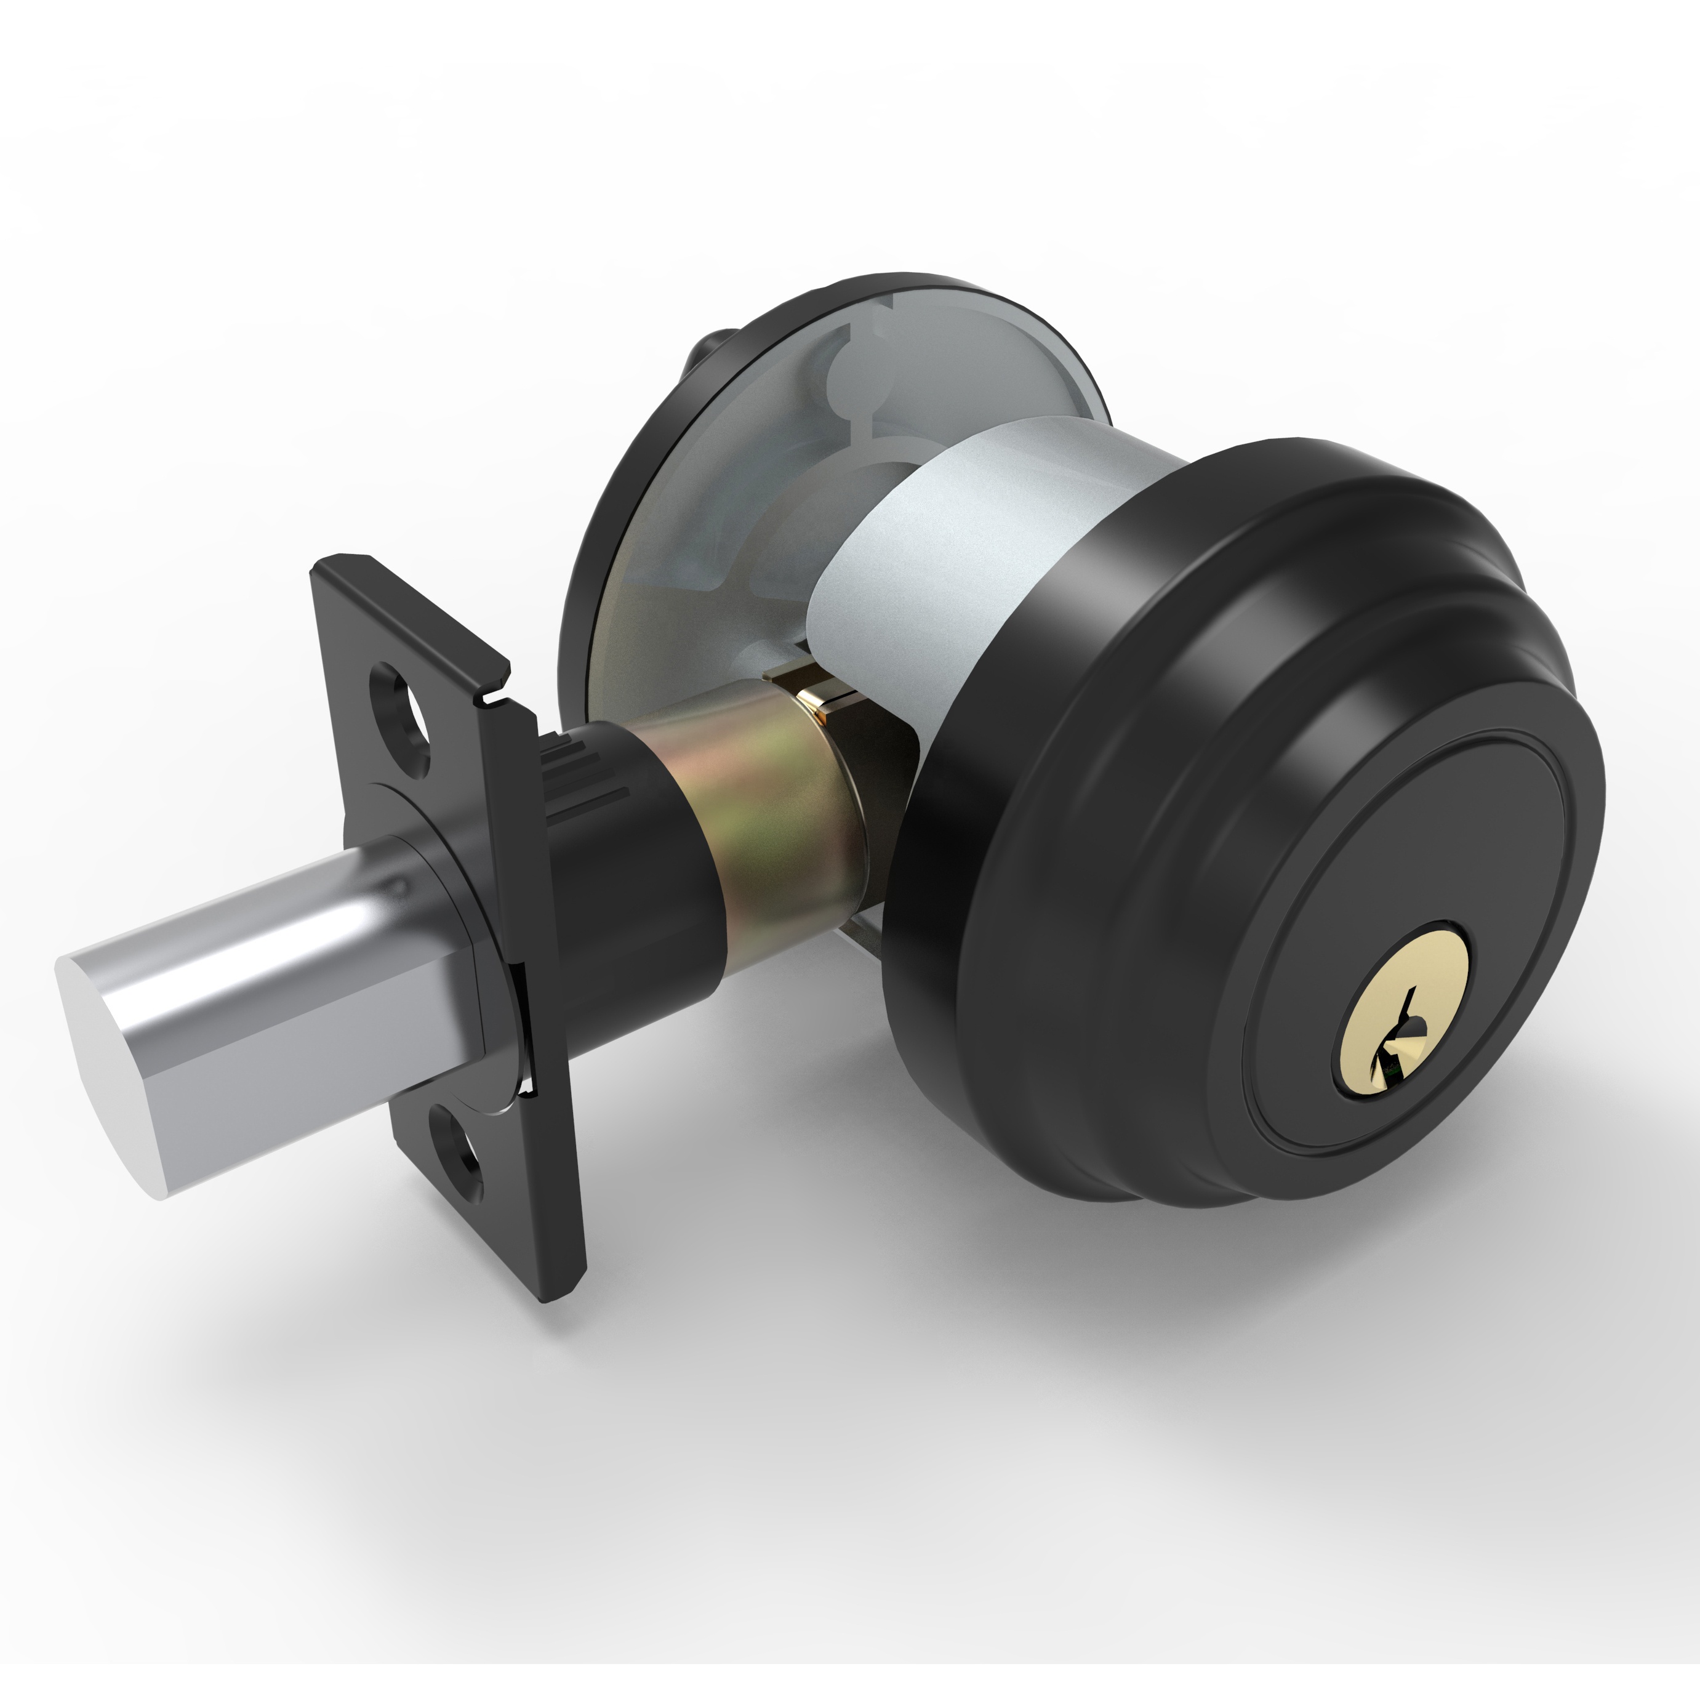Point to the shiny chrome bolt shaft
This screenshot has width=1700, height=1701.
click(291, 995)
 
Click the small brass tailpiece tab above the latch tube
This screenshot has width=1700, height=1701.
click(814, 696)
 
